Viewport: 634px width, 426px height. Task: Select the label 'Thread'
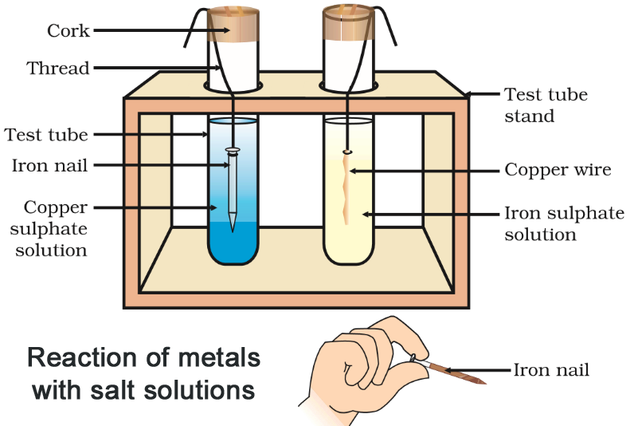point(58,68)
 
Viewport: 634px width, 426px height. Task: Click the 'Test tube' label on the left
point(46,135)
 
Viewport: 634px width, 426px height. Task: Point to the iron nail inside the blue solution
point(232,191)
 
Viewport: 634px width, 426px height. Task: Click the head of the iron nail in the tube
point(232,150)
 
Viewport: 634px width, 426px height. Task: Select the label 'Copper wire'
point(558,170)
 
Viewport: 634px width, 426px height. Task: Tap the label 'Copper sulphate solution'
point(55,229)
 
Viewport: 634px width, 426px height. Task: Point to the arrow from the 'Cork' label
point(151,30)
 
